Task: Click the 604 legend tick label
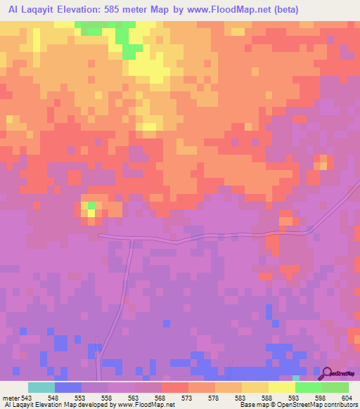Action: pyautogui.click(x=346, y=398)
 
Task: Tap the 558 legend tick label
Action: pyautogui.click(x=109, y=398)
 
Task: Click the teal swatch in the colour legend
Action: pyautogui.click(x=41, y=387)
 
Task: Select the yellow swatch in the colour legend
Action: pyautogui.click(x=282, y=387)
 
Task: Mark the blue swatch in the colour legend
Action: pyautogui.click(x=68, y=387)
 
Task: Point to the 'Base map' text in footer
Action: pyautogui.click(x=252, y=405)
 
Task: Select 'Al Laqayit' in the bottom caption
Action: pyautogui.click(x=20, y=405)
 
